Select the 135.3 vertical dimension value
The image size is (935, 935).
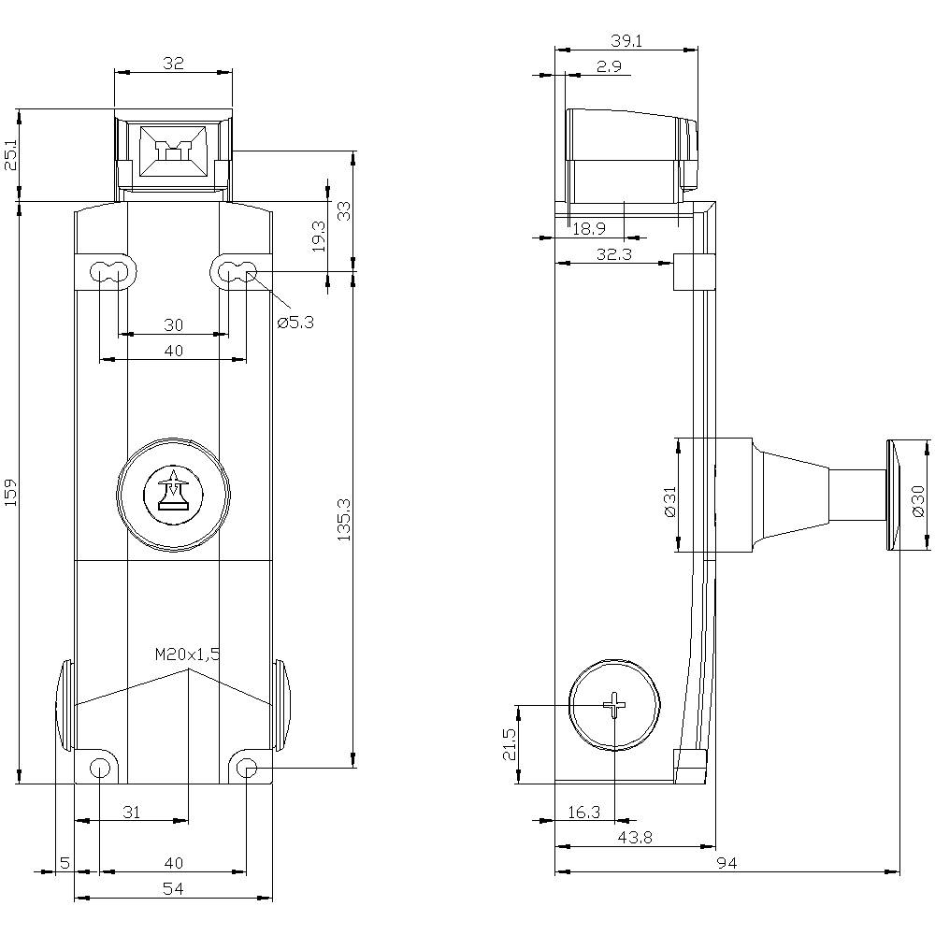[343, 519]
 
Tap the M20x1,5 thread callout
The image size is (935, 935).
[187, 654]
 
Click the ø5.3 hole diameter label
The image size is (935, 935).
[295, 323]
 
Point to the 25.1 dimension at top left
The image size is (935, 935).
[10, 154]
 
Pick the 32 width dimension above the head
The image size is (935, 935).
[173, 64]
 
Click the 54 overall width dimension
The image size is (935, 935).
[173, 890]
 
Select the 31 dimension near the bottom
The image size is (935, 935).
[131, 813]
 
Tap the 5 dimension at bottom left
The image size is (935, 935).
[64, 862]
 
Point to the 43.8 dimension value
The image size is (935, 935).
[634, 839]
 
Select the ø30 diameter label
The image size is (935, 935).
[918, 501]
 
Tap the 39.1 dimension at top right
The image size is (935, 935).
[626, 40]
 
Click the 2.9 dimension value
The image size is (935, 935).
[609, 65]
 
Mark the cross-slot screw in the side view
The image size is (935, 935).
[614, 705]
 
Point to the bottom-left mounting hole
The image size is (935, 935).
[99, 769]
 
